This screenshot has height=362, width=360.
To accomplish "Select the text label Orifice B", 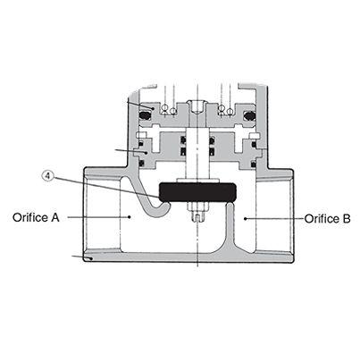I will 327,217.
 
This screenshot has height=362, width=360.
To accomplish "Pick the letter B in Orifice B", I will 347,217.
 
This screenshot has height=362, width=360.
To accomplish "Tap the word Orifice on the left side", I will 30,217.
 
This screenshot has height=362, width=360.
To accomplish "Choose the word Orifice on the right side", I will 320,217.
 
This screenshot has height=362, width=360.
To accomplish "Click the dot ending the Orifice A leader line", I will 130,216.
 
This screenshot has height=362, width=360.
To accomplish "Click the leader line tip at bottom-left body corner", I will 88,259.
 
